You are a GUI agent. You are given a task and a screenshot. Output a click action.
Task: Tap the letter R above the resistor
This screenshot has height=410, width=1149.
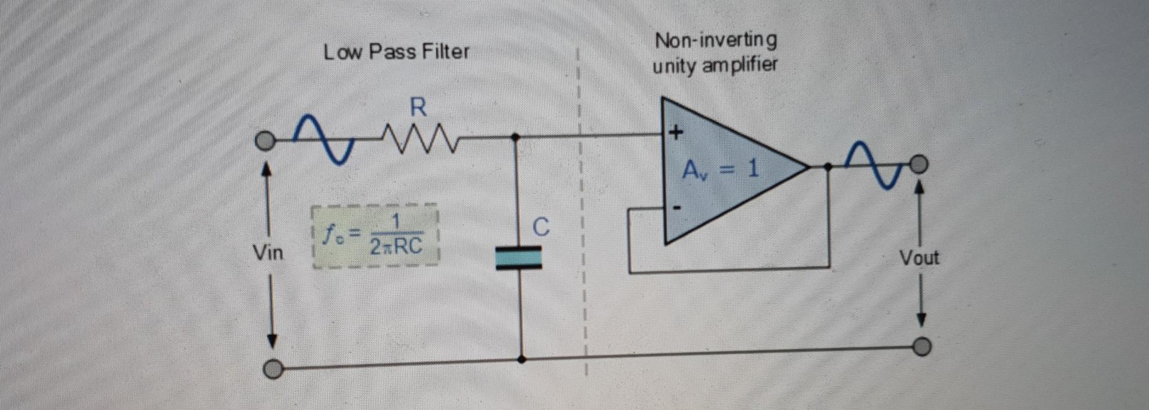tap(418, 108)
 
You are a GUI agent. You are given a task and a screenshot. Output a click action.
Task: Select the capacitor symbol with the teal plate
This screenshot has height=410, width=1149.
tap(519, 259)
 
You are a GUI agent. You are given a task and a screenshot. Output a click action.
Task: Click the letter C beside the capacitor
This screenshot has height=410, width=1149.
tap(540, 227)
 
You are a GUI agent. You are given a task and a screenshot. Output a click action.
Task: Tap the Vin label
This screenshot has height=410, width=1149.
tap(268, 253)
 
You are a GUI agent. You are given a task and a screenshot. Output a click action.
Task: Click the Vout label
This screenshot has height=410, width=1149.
tap(919, 259)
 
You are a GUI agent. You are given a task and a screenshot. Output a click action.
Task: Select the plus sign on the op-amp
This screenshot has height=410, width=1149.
tap(676, 132)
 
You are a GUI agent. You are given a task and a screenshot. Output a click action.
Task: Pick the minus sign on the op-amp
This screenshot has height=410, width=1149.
tap(677, 208)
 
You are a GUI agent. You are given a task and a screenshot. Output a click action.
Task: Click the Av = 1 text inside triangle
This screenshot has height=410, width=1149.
tap(721, 170)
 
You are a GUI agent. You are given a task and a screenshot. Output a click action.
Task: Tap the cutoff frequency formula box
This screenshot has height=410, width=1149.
tap(375, 236)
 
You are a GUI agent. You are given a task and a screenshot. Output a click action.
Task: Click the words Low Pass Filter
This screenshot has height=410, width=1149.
tap(396, 51)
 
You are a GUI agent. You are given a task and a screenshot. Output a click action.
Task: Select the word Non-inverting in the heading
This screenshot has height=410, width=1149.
tap(716, 40)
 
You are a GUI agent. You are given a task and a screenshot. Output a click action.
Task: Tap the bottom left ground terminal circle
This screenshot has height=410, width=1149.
tap(273, 370)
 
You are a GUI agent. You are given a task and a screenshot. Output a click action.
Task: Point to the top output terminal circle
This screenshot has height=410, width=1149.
tap(920, 163)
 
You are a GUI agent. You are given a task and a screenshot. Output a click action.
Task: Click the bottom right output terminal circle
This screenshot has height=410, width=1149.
tap(922, 347)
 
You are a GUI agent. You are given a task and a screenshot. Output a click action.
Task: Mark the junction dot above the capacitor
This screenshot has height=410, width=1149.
tap(516, 137)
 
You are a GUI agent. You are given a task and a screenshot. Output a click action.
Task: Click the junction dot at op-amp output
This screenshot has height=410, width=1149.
tap(828, 167)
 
